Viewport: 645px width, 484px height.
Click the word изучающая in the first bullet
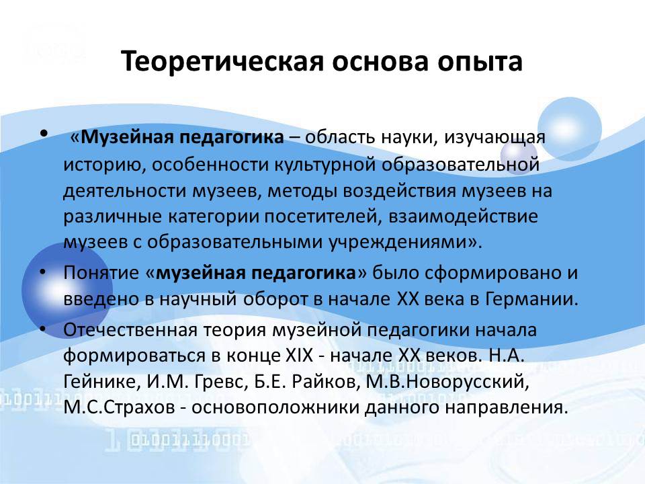coord(494,138)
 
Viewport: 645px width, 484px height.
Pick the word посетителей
coord(320,216)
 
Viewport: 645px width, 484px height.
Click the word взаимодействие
coord(463,217)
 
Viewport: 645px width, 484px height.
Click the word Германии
coord(531,299)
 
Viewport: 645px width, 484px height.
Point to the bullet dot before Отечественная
coord(43,329)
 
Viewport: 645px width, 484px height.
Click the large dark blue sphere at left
coord(66,290)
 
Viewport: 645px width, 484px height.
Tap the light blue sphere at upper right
coord(569,129)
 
